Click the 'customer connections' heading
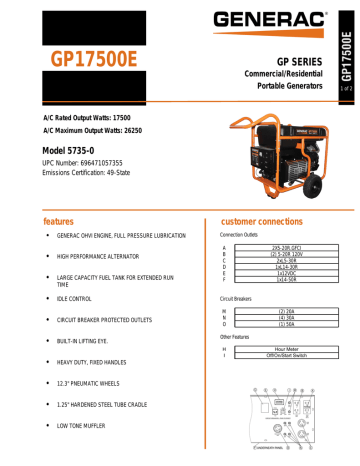(x=269, y=219)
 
